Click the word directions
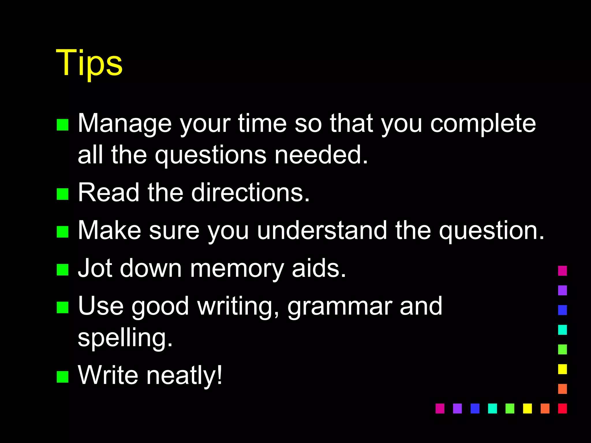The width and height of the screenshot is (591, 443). pos(250,192)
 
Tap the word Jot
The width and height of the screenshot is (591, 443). pos(95,268)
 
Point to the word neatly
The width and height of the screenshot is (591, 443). pos(184,375)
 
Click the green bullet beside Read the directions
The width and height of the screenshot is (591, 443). pos(63,194)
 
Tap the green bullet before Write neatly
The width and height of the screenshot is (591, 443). pos(63,377)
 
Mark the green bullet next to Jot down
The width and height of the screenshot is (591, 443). pos(63,270)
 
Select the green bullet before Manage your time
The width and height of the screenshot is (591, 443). pos(63,125)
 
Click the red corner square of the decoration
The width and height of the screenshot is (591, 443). pos(562,408)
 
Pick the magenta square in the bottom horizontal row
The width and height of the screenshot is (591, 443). pos(440,408)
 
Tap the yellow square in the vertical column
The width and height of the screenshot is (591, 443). pos(562,369)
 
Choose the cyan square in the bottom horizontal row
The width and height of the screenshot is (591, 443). pos(492,408)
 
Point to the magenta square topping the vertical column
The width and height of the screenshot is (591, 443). pos(562,271)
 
